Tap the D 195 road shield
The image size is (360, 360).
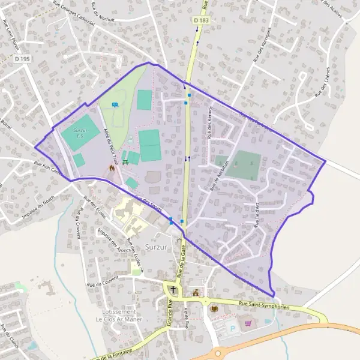22,58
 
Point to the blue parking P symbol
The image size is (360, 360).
232,329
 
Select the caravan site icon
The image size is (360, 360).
115,104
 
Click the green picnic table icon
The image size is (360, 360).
125,161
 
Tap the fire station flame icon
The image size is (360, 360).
111,170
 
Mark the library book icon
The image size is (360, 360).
214,308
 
